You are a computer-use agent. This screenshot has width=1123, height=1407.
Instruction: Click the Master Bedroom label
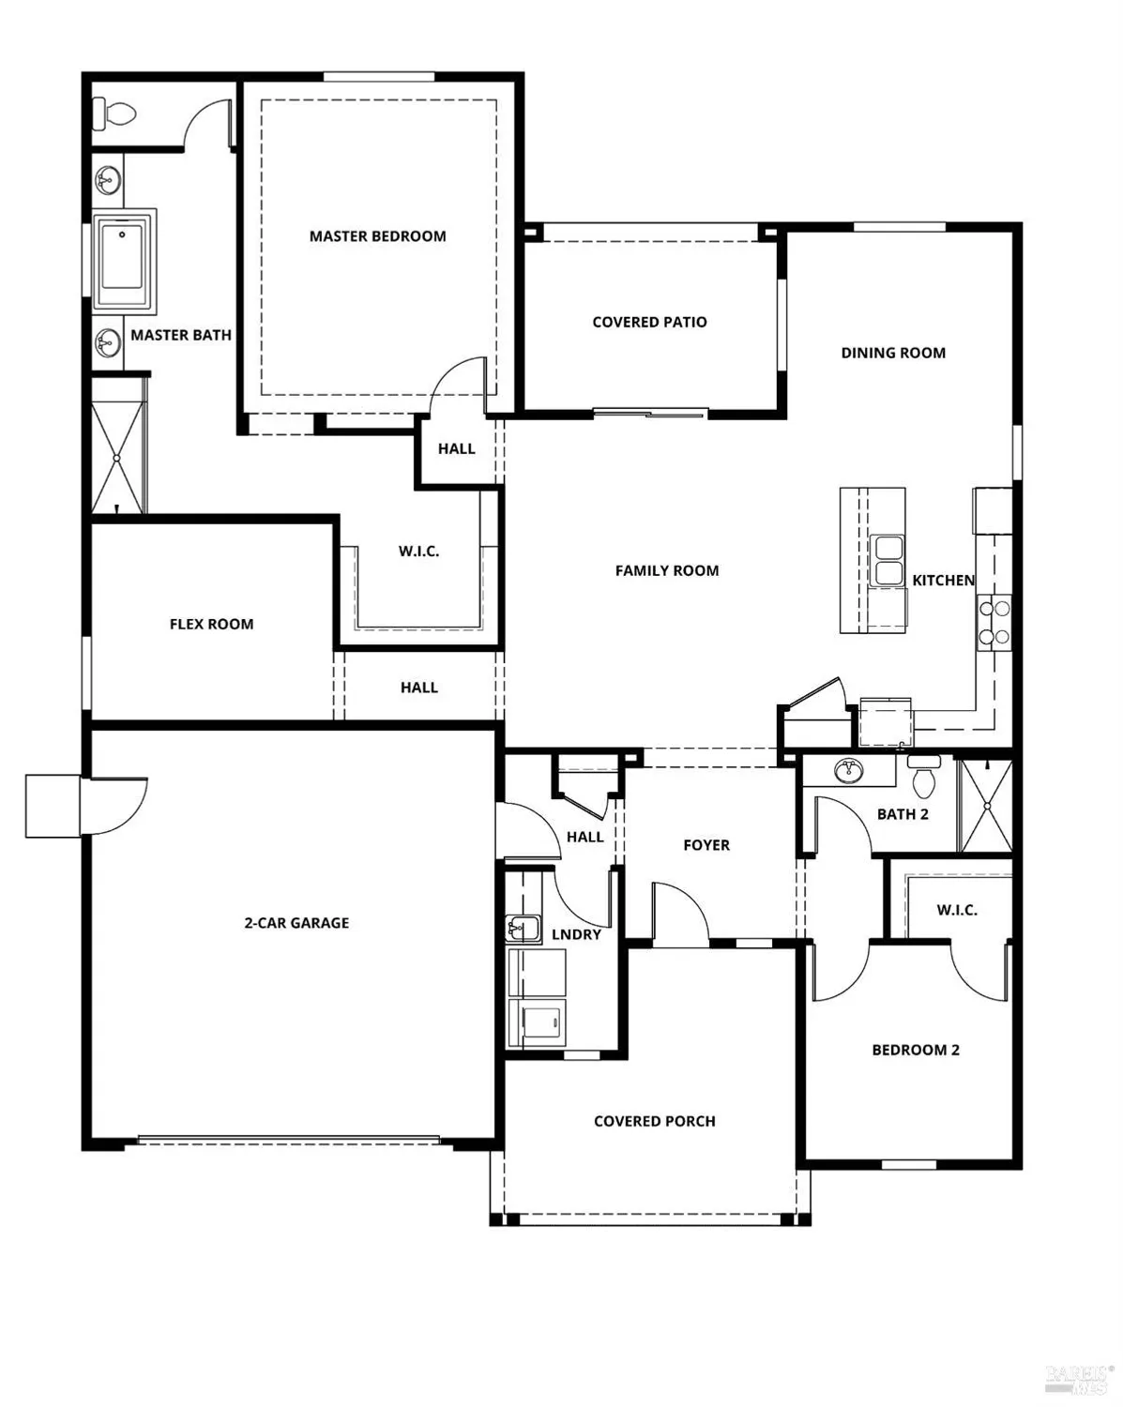[377, 236]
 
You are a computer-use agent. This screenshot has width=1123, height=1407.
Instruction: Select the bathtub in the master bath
[123, 260]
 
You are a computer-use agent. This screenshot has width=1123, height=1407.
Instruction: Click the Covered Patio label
[649, 322]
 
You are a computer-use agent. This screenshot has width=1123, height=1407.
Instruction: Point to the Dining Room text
[892, 353]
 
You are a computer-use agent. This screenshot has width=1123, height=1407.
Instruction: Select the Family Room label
[666, 570]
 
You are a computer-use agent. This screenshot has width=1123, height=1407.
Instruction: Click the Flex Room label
[211, 624]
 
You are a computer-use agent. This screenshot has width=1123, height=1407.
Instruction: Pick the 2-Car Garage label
[296, 923]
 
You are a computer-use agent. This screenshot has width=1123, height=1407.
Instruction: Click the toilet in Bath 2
[923, 775]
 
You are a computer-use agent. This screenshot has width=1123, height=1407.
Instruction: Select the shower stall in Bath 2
[986, 806]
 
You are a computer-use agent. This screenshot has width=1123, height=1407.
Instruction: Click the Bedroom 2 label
[915, 1050]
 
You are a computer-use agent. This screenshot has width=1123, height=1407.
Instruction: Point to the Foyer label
[706, 845]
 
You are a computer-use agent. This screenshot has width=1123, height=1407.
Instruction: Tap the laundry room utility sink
[522, 929]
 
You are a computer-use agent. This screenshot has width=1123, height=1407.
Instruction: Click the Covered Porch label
[654, 1121]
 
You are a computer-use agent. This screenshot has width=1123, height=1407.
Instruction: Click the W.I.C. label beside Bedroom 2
[956, 910]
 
